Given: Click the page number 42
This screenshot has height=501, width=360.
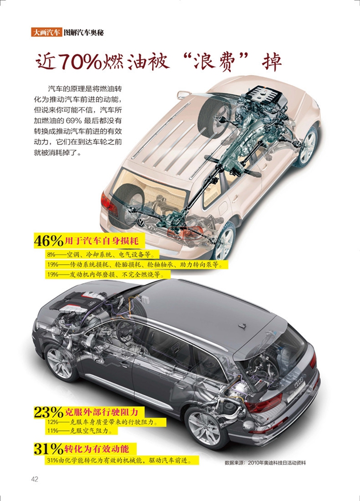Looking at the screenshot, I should coord(35,479).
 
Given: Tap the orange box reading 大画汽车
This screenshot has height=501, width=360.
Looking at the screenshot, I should coord(46,32).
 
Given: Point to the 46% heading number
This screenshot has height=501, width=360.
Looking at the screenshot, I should coord(48,240).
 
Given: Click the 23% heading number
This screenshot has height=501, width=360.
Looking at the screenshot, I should coord(48,412).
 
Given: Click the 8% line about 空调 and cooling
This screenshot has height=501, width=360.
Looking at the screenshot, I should coord(103,255).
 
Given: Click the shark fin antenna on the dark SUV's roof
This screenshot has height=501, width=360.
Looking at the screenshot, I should coord(242,326).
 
